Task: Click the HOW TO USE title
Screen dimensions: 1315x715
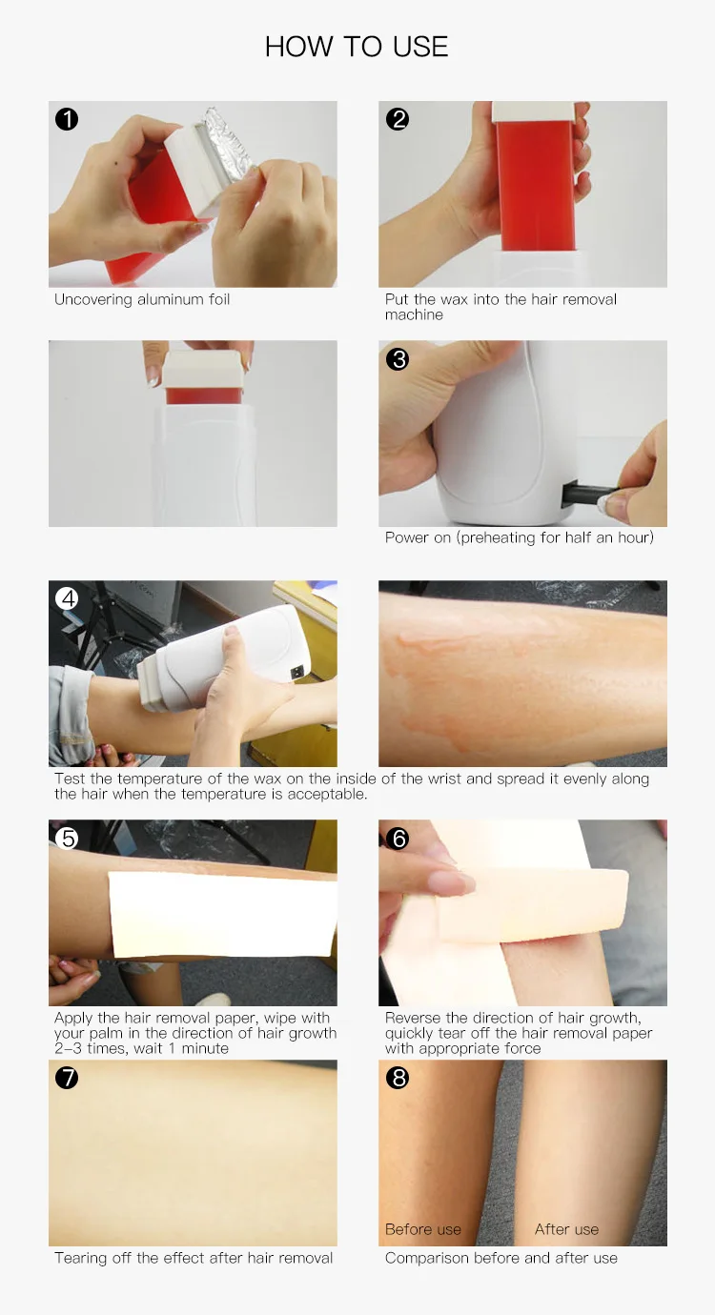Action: pyautogui.click(x=357, y=47)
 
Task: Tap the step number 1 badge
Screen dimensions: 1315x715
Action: pyautogui.click(x=67, y=119)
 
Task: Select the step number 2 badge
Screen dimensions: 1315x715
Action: pyautogui.click(x=398, y=119)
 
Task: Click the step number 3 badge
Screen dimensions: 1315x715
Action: pyautogui.click(x=398, y=359)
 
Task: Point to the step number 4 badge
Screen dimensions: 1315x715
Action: pyautogui.click(x=67, y=598)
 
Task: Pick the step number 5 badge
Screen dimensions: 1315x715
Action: pyautogui.click(x=67, y=839)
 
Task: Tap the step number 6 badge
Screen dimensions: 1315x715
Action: pyautogui.click(x=398, y=839)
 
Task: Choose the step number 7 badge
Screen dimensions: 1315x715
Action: pyautogui.click(x=67, y=1078)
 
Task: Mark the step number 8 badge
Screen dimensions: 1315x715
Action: pyautogui.click(x=398, y=1078)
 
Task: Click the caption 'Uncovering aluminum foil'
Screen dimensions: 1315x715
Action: pyautogui.click(x=142, y=299)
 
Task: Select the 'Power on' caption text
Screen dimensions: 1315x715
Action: pyautogui.click(x=520, y=537)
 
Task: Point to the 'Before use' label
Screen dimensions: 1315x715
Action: pyautogui.click(x=423, y=1229)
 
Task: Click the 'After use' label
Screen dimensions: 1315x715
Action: pyautogui.click(x=566, y=1229)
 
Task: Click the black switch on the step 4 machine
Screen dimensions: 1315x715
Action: pyautogui.click(x=298, y=670)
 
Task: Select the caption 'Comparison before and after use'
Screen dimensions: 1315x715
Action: pyautogui.click(x=500, y=1258)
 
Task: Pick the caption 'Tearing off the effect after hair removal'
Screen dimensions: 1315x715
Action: pyautogui.click(x=194, y=1258)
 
